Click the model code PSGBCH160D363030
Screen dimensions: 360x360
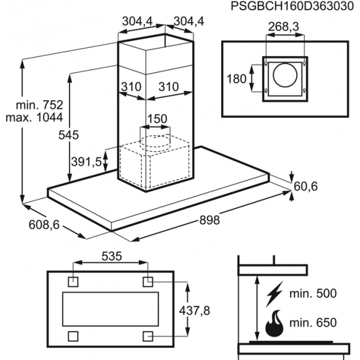click(x=292, y=6)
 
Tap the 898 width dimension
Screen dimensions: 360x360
click(x=209, y=220)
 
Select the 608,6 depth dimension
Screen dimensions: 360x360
click(x=44, y=225)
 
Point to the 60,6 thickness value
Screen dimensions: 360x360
click(x=305, y=186)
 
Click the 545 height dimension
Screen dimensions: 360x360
click(x=68, y=135)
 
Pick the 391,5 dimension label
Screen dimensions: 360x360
click(x=87, y=162)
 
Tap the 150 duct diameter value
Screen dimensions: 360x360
click(x=157, y=119)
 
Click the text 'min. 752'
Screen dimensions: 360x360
click(x=39, y=105)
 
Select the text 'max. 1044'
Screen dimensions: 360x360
click(x=34, y=117)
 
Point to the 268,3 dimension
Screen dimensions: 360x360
click(x=284, y=26)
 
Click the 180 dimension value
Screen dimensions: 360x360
click(x=237, y=79)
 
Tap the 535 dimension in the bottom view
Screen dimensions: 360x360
click(x=112, y=256)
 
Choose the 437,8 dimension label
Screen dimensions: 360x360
click(x=195, y=311)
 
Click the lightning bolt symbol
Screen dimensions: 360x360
click(x=274, y=294)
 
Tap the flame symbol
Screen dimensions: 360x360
click(x=274, y=323)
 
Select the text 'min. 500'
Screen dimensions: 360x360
click(x=313, y=294)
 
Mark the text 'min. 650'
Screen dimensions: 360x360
click(x=313, y=323)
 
